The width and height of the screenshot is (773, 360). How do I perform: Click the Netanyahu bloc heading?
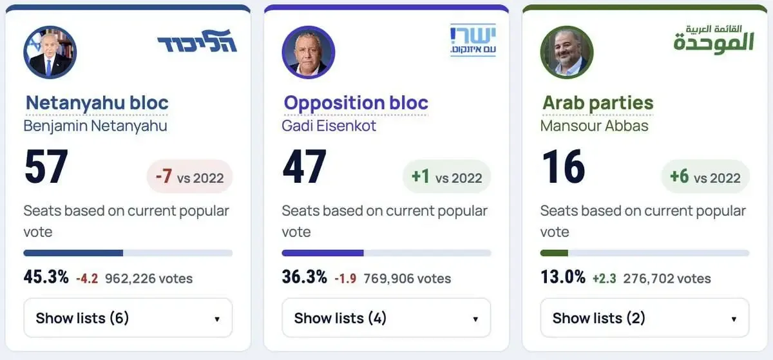(x=97, y=103)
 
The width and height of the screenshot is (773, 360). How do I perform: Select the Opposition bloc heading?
(x=356, y=103)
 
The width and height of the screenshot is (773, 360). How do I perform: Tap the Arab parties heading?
(x=598, y=103)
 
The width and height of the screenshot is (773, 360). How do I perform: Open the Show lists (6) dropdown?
(x=128, y=317)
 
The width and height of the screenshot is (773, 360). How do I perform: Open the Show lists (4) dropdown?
(x=386, y=317)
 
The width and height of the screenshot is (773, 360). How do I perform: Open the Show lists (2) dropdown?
(x=645, y=317)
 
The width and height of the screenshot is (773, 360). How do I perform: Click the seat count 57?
(x=46, y=166)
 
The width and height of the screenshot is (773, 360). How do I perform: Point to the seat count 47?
(x=304, y=166)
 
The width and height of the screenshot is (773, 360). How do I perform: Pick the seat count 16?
(x=563, y=166)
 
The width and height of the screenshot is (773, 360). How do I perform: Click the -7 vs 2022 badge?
(x=190, y=176)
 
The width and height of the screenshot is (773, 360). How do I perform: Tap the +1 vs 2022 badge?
(x=447, y=176)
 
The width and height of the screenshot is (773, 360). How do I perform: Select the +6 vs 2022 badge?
(x=705, y=176)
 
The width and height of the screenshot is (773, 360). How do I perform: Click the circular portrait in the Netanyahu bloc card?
(x=50, y=52)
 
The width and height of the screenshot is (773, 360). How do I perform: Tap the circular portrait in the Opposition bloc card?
(x=308, y=52)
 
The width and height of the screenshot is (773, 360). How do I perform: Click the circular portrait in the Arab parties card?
(x=567, y=52)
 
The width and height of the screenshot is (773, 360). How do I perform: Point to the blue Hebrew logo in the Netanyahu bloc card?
(x=197, y=41)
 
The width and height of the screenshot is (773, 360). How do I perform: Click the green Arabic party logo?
(x=714, y=39)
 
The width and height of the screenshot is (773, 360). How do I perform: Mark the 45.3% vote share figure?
(x=46, y=277)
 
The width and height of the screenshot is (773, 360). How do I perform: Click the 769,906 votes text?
(x=407, y=278)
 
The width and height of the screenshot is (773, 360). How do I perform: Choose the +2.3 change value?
(x=604, y=278)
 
